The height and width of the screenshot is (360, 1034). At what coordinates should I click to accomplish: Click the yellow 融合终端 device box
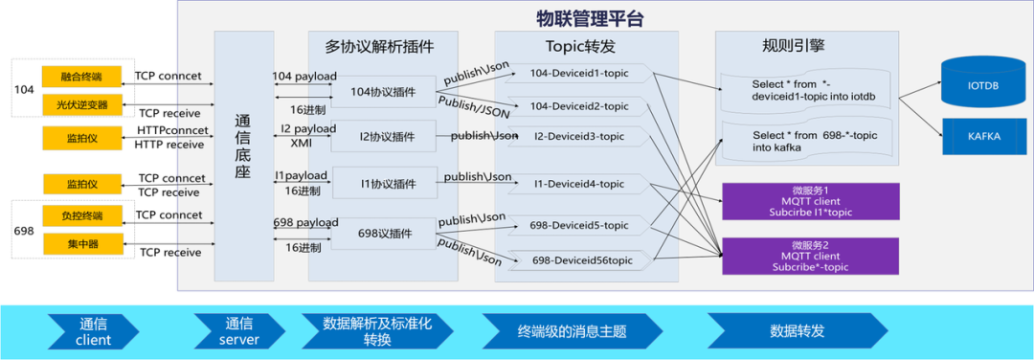[x=83, y=76]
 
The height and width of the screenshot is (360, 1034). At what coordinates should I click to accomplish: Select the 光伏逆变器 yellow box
[x=83, y=103]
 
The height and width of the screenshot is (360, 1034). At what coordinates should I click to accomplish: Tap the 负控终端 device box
[x=83, y=215]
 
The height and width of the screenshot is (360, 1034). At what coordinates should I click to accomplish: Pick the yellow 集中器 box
[x=83, y=243]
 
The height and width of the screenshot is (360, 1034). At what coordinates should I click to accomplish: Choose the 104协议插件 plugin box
[x=384, y=92]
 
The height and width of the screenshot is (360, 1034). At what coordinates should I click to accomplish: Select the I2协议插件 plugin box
[x=384, y=137]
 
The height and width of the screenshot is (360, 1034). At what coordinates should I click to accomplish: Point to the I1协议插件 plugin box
[x=384, y=184]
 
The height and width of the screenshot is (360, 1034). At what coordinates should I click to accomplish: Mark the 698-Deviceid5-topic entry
[x=579, y=226]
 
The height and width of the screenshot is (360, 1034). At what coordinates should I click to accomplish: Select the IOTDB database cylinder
[x=982, y=84]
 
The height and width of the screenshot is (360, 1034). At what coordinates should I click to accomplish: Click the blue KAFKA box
[x=982, y=136]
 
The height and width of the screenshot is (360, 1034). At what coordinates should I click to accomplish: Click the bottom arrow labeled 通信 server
[x=239, y=331]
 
